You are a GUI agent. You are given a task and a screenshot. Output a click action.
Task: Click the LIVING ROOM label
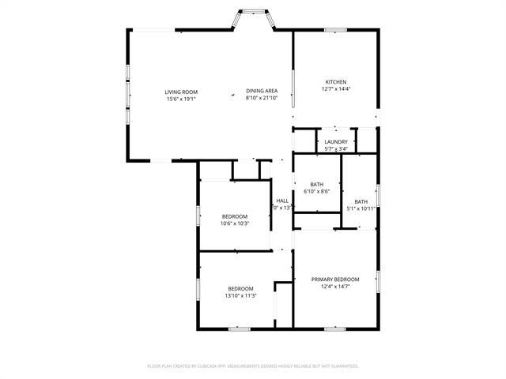[181, 92]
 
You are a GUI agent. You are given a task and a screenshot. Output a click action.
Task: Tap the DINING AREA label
[261, 92]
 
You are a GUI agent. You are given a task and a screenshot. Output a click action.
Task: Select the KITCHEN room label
[336, 82]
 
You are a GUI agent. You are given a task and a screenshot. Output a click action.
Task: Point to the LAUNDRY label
[336, 142]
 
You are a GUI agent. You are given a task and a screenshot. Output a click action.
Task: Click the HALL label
[282, 201]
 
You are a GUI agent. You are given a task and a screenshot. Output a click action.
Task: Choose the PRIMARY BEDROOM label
[335, 279]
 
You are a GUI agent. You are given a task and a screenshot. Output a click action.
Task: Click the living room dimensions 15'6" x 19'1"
[181, 99]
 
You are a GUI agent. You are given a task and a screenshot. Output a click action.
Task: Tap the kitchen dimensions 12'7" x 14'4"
[336, 89]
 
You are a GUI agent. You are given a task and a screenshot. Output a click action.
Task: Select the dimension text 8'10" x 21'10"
[262, 99]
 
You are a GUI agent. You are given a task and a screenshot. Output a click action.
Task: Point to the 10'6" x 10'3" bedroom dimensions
[235, 223]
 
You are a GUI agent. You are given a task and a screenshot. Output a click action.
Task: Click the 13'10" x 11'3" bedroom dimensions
[240, 295]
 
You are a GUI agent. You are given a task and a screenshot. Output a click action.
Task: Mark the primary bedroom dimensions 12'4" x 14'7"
[335, 287]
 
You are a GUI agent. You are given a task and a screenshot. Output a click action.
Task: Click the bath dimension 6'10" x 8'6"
[317, 191]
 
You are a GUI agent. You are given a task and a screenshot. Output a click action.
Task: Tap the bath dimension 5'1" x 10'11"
[361, 208]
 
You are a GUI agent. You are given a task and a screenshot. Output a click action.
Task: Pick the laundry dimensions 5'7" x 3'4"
[336, 149]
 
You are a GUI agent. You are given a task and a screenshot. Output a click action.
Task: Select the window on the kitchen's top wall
[335, 31]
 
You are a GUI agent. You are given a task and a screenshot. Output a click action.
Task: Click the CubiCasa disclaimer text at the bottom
[253, 366]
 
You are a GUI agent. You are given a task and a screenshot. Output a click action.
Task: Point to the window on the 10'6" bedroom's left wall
[198, 216]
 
